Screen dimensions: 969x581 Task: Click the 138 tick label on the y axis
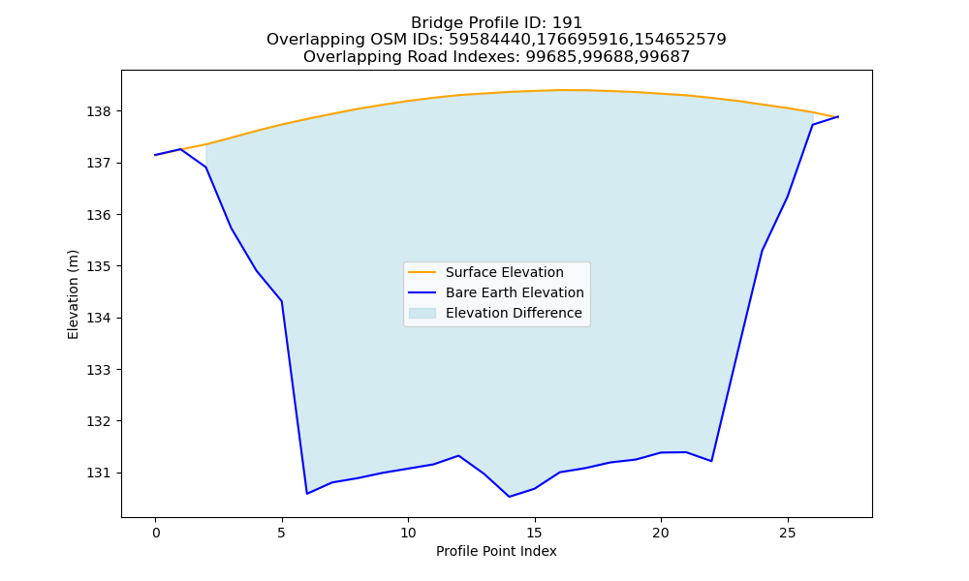coord(99,111)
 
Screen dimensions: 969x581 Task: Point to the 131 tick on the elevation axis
coord(99,473)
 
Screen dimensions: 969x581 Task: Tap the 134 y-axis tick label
coord(99,318)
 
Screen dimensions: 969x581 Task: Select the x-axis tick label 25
coord(787,533)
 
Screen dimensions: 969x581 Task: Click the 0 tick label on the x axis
coord(155,533)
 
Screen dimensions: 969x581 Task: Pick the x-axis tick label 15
coord(535,533)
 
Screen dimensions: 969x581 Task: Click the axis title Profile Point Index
coord(496,551)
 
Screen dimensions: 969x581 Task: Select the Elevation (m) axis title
coord(73,294)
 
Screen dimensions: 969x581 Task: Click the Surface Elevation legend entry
coord(504,272)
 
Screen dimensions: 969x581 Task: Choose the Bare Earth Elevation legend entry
coord(515,292)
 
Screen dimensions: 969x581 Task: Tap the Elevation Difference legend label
coord(514,313)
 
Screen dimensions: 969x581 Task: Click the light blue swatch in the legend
coord(422,313)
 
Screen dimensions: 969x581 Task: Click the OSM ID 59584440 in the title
coord(486,40)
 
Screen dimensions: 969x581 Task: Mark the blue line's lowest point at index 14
coord(510,497)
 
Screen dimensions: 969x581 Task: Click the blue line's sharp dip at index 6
coord(307,493)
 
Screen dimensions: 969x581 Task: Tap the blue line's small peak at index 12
coord(458,456)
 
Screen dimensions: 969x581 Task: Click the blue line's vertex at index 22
coord(711,461)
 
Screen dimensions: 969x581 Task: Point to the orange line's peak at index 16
coord(560,90)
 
